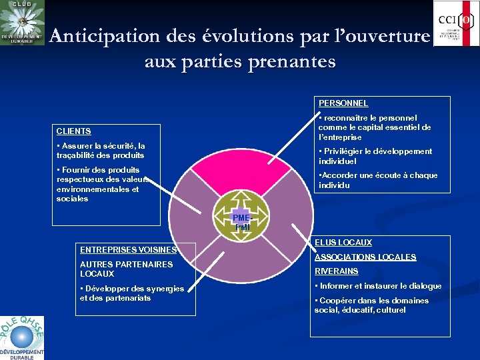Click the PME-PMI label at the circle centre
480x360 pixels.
tap(241, 223)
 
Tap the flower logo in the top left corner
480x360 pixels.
tap(22, 23)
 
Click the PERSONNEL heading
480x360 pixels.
tap(343, 103)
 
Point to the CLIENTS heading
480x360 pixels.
tap(74, 131)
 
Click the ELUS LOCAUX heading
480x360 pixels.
tap(343, 243)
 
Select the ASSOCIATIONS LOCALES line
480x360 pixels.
tap(365, 257)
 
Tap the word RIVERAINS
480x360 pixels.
tap(337, 271)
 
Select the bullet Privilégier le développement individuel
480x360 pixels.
tap(375, 156)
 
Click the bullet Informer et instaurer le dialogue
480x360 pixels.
tap(378, 286)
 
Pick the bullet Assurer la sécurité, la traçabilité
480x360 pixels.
tap(101, 151)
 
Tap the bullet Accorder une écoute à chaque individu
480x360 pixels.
tap(378, 180)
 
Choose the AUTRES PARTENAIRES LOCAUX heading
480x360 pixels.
tap(117, 269)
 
